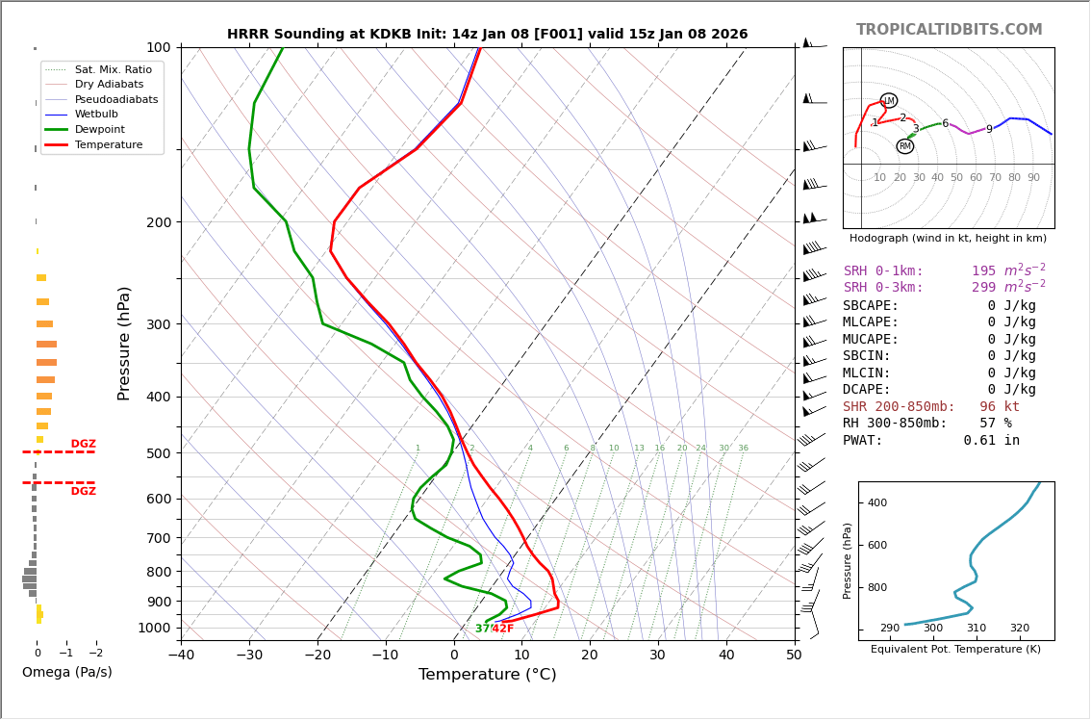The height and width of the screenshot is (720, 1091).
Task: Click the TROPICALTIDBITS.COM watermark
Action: [949, 30]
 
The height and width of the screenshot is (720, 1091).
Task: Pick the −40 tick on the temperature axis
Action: [181, 656]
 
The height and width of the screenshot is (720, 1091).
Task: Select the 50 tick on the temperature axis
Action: [794, 656]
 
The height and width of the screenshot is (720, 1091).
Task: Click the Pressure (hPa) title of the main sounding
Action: [124, 343]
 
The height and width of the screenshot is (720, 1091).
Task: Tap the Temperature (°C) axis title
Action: [487, 675]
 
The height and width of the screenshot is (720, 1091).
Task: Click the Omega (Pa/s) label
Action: [66, 672]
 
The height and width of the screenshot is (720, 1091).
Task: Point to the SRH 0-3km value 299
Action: [983, 288]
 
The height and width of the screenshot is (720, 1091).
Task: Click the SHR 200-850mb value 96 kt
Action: [999, 407]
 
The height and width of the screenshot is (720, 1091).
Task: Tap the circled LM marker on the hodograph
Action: [888, 100]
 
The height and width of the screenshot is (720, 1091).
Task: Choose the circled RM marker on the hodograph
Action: [904, 146]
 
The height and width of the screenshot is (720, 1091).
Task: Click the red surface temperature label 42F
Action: [503, 629]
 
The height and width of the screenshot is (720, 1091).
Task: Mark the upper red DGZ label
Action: [83, 445]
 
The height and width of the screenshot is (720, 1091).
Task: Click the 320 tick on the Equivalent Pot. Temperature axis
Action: [1019, 629]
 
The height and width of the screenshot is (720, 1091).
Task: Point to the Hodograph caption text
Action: [948, 238]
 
